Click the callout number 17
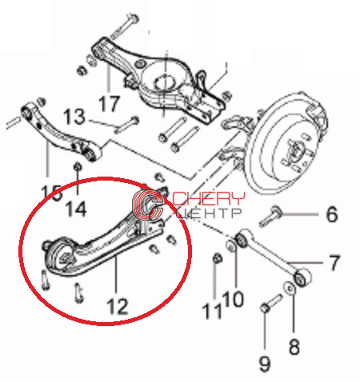(110, 103)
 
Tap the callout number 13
(74, 117)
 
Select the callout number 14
(76, 209)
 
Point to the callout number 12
(118, 306)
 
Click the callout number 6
(332, 214)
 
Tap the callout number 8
(294, 347)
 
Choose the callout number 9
(265, 364)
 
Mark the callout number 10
(233, 299)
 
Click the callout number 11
(212, 311)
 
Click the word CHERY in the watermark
(209, 198)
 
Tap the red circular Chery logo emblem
(147, 203)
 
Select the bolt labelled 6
(271, 217)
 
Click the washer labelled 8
(290, 288)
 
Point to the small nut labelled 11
(218, 258)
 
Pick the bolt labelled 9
(271, 303)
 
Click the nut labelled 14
(78, 167)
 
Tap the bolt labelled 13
(126, 125)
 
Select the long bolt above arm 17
(125, 26)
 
